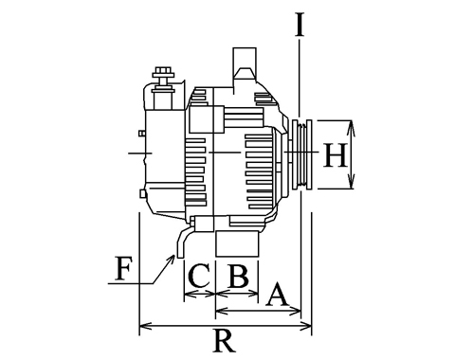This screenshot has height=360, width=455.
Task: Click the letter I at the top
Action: click(x=300, y=25)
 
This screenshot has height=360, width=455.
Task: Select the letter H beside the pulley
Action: click(x=336, y=154)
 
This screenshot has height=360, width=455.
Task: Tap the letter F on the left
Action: click(x=122, y=268)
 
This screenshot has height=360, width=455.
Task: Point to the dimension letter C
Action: click(x=199, y=276)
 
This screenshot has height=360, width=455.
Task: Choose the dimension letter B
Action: click(x=238, y=276)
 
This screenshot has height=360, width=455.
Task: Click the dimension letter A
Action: click(x=277, y=295)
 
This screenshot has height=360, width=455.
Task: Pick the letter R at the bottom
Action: click(x=224, y=340)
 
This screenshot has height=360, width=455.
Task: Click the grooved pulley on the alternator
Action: click(x=302, y=154)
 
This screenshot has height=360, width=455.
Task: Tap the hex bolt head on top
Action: click(x=163, y=72)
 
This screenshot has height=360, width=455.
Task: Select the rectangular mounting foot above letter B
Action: click(x=237, y=243)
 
